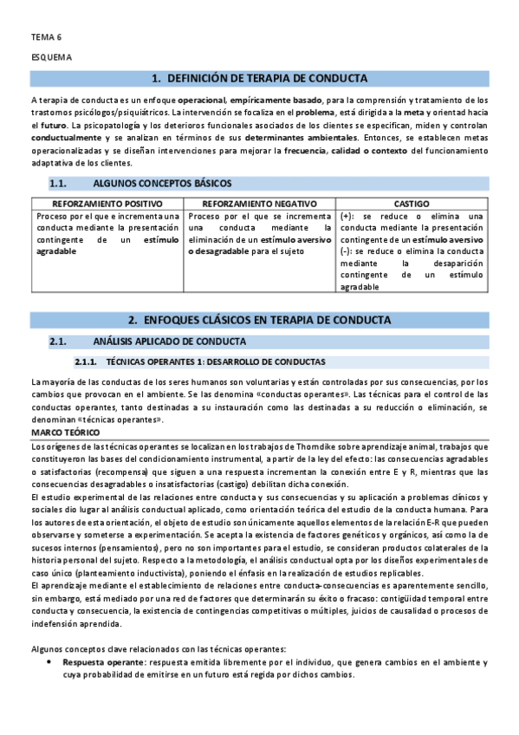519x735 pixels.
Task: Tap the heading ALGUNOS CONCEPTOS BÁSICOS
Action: click(161, 184)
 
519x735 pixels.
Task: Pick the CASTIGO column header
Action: click(412, 202)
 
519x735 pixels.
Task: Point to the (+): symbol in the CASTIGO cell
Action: click(347, 216)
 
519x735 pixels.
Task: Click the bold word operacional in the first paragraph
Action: click(202, 101)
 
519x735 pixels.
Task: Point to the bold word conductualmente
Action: click(66, 138)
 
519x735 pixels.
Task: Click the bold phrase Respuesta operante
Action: click(101, 662)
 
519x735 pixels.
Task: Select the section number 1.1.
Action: click(59, 184)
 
